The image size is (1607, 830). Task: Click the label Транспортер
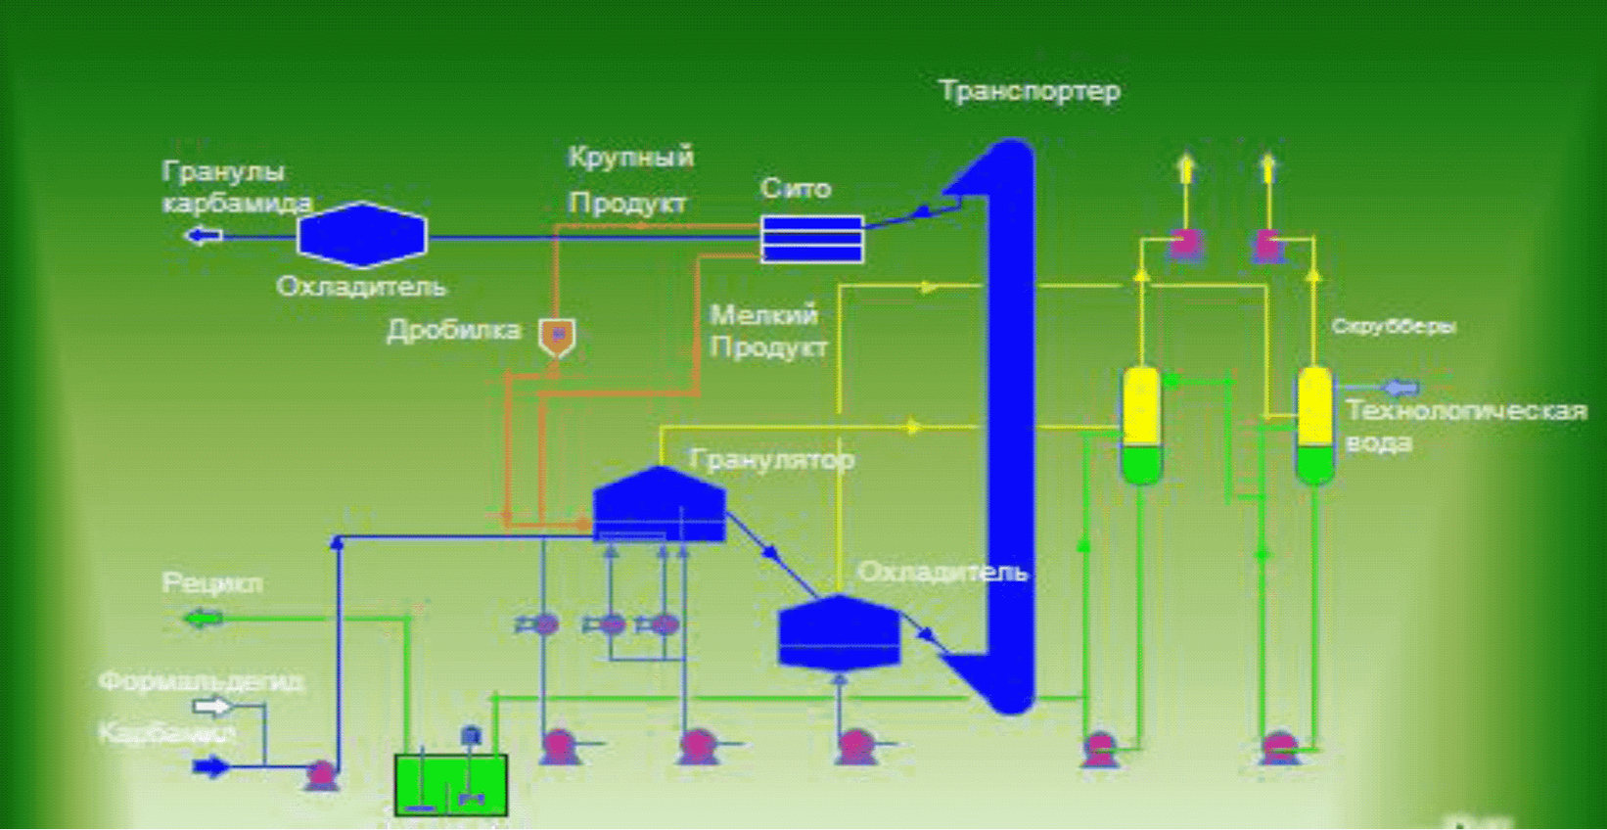click(x=1029, y=91)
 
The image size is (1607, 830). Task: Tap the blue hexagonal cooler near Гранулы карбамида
click(x=361, y=235)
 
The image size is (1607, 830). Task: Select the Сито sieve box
click(x=811, y=239)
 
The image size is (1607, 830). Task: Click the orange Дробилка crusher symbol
click(x=557, y=336)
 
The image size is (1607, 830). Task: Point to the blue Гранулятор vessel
click(x=659, y=503)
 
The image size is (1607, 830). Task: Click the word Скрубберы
click(x=1393, y=326)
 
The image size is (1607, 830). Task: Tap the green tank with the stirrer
click(x=450, y=784)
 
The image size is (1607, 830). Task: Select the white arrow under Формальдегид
click(x=212, y=706)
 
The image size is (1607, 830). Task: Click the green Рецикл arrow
click(x=204, y=619)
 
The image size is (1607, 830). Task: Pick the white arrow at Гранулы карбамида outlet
click(x=204, y=235)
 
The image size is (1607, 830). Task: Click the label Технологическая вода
click(x=1464, y=425)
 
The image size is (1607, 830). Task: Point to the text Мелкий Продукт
click(x=768, y=331)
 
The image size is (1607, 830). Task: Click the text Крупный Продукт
click(x=630, y=179)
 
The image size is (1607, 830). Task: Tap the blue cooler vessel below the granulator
click(x=839, y=632)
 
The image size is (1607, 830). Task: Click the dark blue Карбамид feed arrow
click(x=210, y=765)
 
